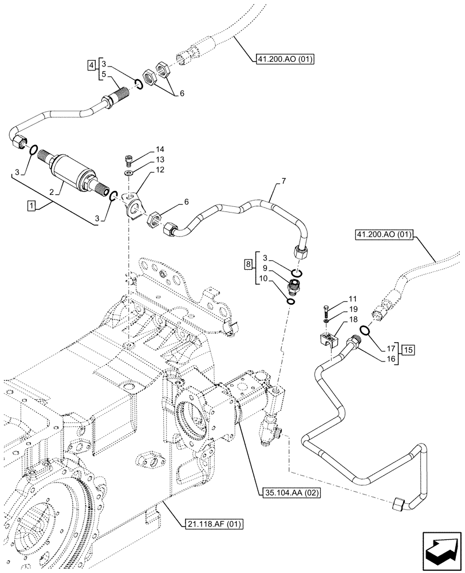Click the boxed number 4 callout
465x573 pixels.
coord(92,66)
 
